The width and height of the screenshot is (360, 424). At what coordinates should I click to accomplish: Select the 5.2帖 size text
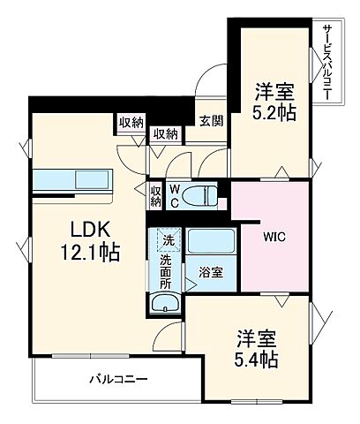274,112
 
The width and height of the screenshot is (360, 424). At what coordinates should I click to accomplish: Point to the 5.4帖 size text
256,360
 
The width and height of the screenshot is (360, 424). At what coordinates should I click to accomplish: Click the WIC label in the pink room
272,237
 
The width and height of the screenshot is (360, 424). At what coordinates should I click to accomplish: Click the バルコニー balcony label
118,380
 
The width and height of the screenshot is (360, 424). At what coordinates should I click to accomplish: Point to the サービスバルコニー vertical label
327,61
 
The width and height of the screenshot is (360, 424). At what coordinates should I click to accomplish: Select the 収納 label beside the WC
154,195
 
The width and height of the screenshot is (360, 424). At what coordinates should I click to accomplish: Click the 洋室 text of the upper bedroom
274,90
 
